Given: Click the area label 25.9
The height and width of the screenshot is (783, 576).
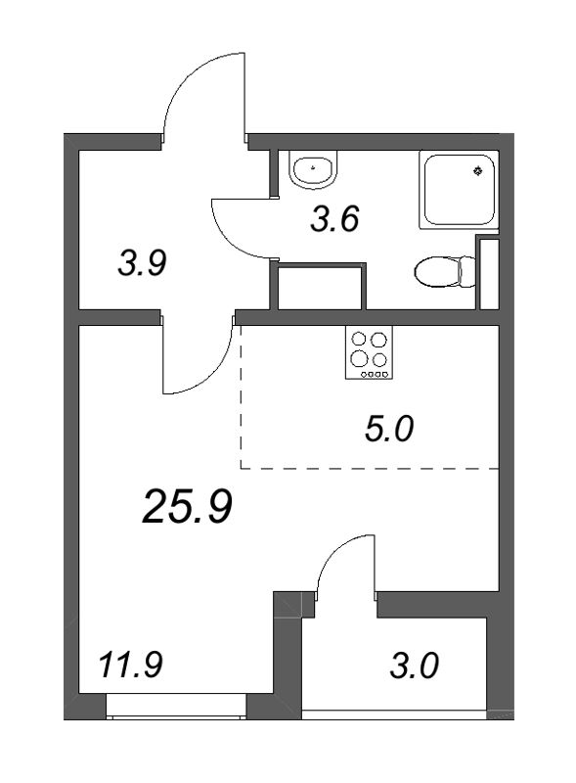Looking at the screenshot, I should [x=187, y=506].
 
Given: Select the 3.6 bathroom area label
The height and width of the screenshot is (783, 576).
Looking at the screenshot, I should [x=335, y=218].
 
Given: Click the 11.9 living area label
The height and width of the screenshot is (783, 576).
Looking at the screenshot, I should [x=130, y=668].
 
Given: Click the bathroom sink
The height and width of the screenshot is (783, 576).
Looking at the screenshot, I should [x=313, y=170].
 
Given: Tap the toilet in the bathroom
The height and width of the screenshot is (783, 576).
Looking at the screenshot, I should [x=438, y=270].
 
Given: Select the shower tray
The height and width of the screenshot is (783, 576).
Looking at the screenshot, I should [x=458, y=189].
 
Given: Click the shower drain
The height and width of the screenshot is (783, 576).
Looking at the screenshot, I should [x=477, y=171].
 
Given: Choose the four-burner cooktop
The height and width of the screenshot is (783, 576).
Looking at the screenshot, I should [x=369, y=353].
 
